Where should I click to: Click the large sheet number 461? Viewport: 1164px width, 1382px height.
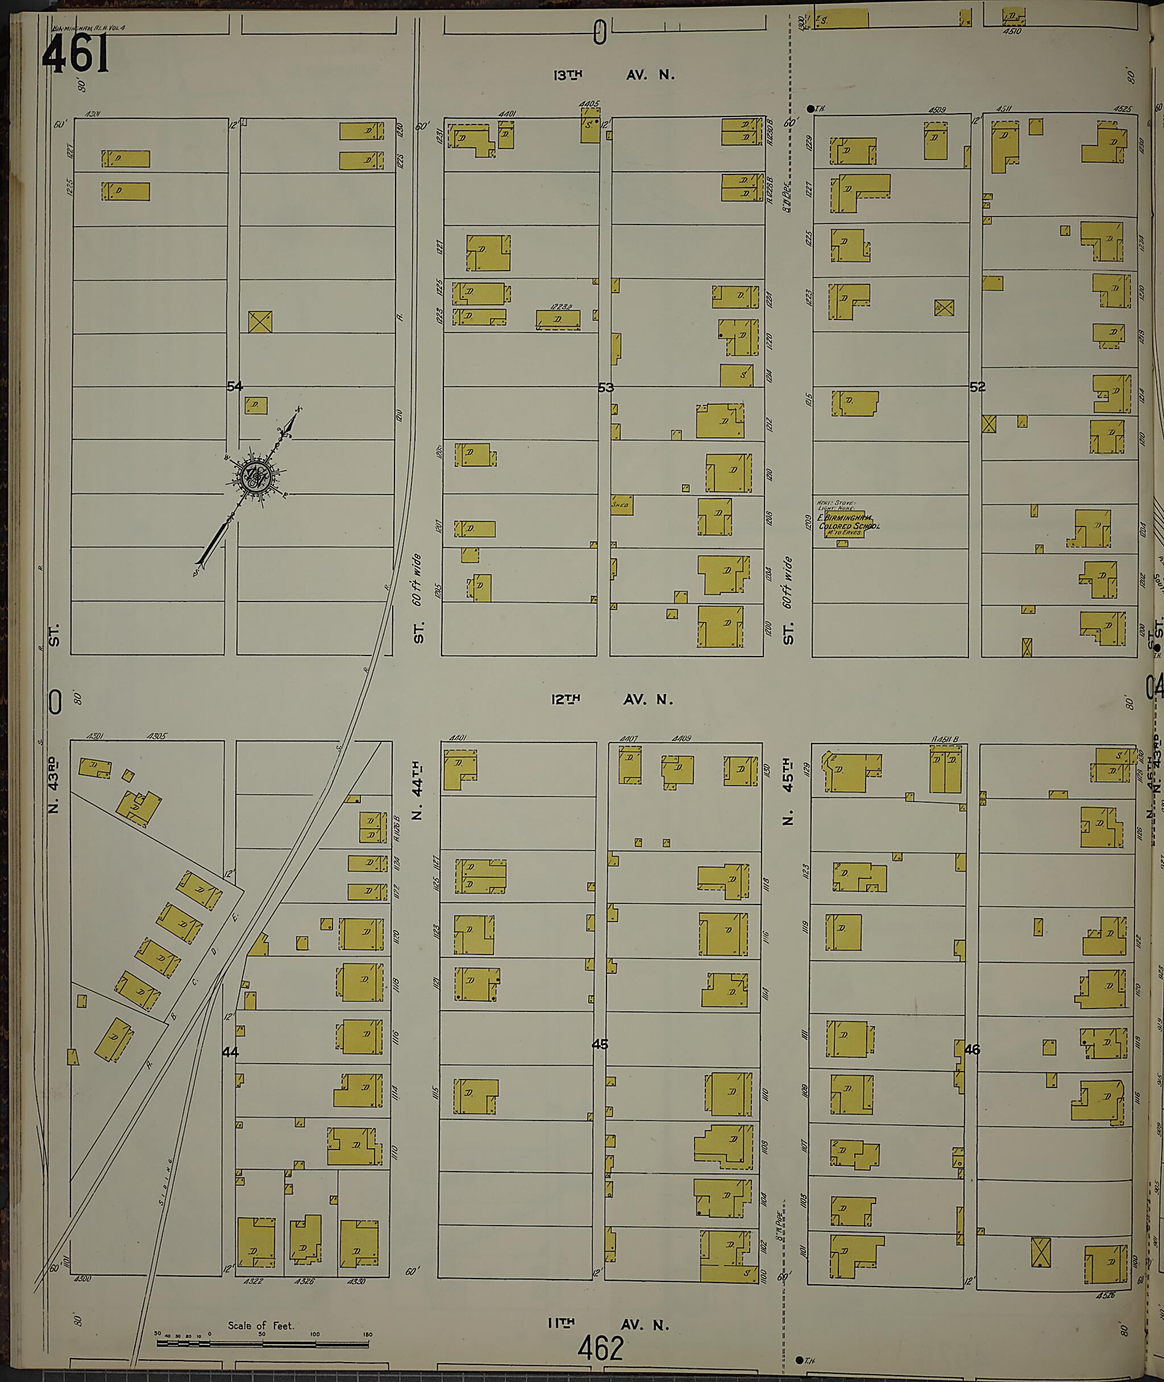point(75,54)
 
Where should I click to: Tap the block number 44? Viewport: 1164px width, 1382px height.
point(230,1052)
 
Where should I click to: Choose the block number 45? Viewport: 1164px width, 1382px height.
point(599,1044)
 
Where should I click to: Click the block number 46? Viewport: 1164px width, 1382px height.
point(972,1049)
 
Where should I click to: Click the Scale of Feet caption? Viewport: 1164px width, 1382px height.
point(261,1325)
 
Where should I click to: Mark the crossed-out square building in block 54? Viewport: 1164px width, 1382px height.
point(260,321)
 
